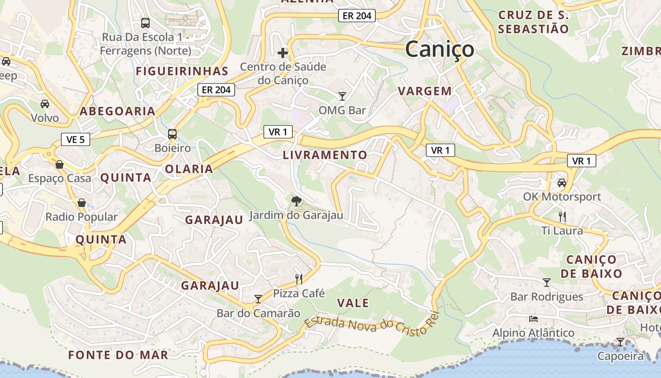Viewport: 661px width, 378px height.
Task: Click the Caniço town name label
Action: tap(440, 49)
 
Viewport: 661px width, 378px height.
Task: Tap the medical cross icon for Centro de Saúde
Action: tap(283, 52)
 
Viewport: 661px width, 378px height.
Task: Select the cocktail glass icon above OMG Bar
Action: tap(342, 96)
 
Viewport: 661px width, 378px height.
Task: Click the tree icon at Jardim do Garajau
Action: tap(296, 202)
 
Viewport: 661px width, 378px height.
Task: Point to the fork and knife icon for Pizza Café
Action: tap(298, 279)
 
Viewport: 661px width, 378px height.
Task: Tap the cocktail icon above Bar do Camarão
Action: tap(258, 299)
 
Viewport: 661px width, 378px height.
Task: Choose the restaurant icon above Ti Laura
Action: tap(562, 217)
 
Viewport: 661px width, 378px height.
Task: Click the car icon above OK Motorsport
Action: tap(561, 182)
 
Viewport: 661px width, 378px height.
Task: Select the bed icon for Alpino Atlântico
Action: tap(534, 318)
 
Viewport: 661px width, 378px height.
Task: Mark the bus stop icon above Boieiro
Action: tap(172, 134)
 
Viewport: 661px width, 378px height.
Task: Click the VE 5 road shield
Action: tap(76, 139)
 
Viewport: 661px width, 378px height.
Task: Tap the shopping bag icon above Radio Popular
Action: tap(82, 203)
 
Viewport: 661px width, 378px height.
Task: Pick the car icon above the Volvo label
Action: tap(45, 103)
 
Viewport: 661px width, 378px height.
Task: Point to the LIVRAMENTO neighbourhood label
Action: tap(325, 155)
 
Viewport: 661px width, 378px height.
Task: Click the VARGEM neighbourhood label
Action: tap(425, 91)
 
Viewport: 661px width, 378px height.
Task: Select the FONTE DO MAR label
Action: tap(118, 355)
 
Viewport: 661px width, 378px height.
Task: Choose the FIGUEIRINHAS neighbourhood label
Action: tap(182, 71)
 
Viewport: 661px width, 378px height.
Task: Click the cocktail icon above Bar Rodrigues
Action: tap(547, 283)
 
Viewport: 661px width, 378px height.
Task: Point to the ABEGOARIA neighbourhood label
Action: tap(117, 111)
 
